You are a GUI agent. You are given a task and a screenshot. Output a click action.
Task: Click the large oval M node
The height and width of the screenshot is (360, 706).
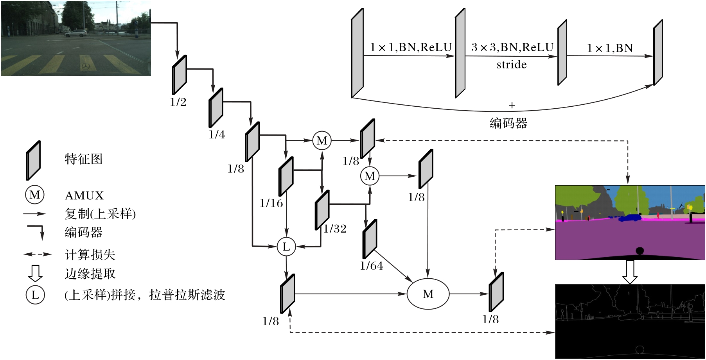click(x=428, y=294)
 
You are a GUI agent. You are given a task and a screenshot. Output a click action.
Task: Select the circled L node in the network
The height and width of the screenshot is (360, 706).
click(x=286, y=247)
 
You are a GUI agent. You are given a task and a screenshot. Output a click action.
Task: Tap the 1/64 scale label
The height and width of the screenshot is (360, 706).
click(x=372, y=266)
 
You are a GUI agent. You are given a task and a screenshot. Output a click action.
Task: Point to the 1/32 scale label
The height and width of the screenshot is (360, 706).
click(x=335, y=229)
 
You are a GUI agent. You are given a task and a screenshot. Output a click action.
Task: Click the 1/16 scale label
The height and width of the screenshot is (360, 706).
click(x=271, y=203)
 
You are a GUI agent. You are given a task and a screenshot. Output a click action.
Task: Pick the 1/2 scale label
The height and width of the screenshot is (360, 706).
click(x=178, y=102)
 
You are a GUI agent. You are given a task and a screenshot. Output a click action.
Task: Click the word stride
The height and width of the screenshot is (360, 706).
click(x=512, y=64)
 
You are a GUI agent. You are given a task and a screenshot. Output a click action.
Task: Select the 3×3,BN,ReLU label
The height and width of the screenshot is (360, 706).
click(x=512, y=47)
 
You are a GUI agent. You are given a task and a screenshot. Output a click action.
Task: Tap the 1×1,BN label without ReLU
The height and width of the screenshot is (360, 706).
click(x=610, y=48)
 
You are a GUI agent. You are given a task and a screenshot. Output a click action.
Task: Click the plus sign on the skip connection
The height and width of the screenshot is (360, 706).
click(x=512, y=105)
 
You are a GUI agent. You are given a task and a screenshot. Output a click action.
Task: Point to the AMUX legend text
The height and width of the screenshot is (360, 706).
click(x=84, y=195)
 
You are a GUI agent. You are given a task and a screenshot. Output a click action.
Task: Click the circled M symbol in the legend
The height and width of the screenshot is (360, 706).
click(x=35, y=195)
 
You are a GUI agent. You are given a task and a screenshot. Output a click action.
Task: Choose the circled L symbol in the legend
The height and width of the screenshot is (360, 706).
click(x=35, y=295)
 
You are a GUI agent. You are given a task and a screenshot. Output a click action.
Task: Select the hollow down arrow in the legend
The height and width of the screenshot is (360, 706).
click(x=35, y=273)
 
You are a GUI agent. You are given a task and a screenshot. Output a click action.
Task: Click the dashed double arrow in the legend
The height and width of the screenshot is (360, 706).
click(x=37, y=254)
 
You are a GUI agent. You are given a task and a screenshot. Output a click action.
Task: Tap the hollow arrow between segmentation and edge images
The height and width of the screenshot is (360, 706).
click(x=630, y=272)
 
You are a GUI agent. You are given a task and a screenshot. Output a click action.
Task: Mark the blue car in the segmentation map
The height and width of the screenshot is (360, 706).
click(x=629, y=217)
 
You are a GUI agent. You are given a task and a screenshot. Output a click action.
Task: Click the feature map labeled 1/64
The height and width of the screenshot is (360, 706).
click(x=370, y=239)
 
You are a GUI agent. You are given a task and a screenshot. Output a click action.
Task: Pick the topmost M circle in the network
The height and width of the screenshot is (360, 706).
click(x=322, y=140)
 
